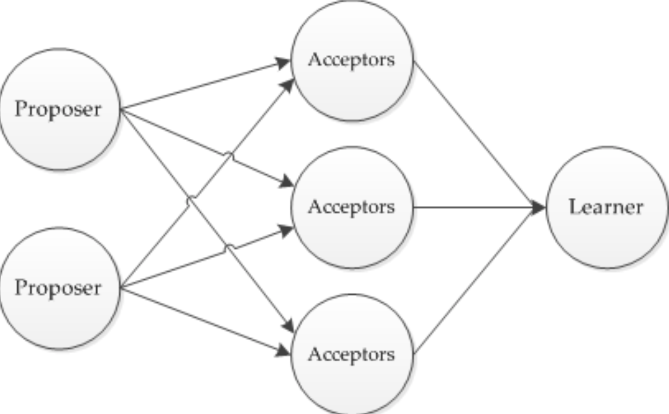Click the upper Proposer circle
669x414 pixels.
point(60,109)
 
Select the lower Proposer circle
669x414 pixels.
point(60,288)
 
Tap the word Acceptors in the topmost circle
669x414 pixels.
point(351,60)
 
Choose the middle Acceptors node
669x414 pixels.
point(352,207)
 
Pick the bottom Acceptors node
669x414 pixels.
point(352,354)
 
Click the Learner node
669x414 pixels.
point(607,207)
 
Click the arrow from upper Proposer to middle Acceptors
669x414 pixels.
point(207,147)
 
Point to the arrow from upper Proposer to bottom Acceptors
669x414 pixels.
point(207,220)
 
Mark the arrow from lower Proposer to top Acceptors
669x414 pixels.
point(207,183)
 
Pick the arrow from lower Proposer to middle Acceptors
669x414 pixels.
point(207,257)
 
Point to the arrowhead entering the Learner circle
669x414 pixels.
point(538,208)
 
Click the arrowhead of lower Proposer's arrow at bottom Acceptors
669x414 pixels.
point(284,350)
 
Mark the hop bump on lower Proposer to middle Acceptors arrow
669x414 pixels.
point(228,248)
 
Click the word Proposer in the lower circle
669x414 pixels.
point(58,288)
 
